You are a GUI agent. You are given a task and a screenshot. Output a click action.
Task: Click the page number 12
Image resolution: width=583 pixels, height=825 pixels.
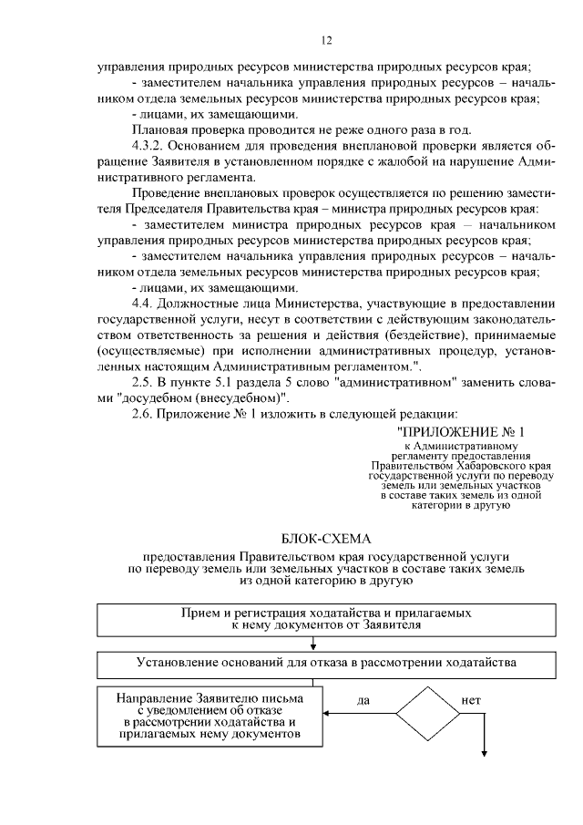pos(327,39)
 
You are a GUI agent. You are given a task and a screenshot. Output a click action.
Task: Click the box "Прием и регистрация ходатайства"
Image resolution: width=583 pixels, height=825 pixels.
pos(313,620)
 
